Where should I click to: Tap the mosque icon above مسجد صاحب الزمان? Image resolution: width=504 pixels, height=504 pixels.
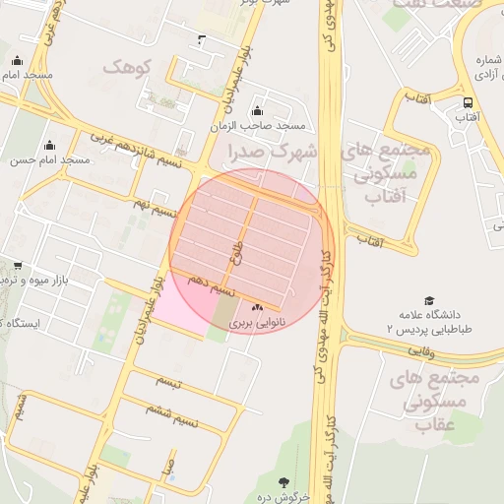pyautogui.click(x=258, y=110)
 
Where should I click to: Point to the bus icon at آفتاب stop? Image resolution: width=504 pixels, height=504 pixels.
pyautogui.click(x=468, y=101)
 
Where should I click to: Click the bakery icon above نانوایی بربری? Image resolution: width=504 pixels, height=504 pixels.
pyautogui.click(x=258, y=308)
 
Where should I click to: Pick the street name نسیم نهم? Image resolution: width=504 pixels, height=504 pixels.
pyautogui.click(x=156, y=210)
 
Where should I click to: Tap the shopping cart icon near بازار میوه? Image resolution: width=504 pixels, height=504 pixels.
pyautogui.click(x=18, y=266)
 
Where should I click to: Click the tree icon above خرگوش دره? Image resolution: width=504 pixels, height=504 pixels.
pyautogui.click(x=285, y=482)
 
